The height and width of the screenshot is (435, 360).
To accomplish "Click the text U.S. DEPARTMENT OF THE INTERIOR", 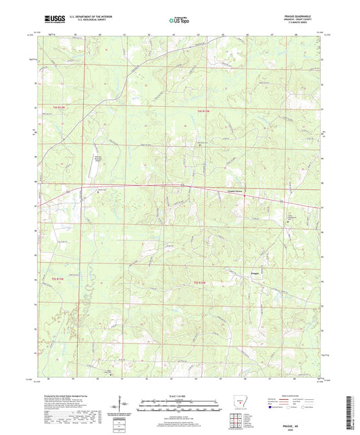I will click(x=95, y=17).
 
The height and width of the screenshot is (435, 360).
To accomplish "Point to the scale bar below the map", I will click(x=179, y=407).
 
